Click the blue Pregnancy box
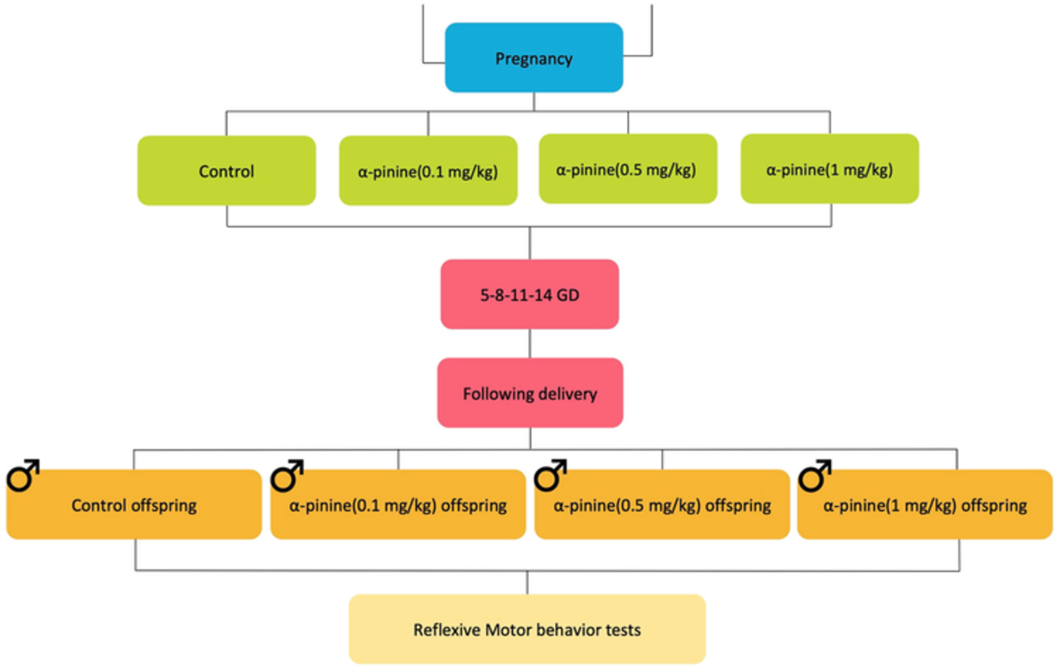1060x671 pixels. pyautogui.click(x=534, y=58)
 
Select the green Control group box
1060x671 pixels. pyautogui.click(x=226, y=171)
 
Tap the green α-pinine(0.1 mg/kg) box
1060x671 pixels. pyautogui.click(x=428, y=171)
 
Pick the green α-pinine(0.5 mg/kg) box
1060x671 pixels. pyautogui.click(x=628, y=170)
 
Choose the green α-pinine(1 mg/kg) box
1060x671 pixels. pyautogui.click(x=829, y=170)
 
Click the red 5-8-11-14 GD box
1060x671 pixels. pyautogui.click(x=529, y=295)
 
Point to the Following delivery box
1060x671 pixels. pyautogui.click(x=529, y=393)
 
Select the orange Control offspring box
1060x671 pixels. pyautogui.click(x=134, y=505)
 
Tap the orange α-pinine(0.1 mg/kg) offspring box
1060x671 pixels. pyautogui.click(x=398, y=505)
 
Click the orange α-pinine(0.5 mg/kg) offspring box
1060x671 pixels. pyautogui.click(x=662, y=505)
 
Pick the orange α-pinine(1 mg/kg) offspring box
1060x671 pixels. pyautogui.click(x=924, y=505)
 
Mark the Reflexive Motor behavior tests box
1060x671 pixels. pyautogui.click(x=527, y=629)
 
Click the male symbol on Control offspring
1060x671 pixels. pyautogui.click(x=23, y=476)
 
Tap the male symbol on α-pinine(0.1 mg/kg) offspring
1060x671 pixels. pyautogui.click(x=287, y=476)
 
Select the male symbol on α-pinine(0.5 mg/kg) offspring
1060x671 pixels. pyautogui.click(x=550, y=476)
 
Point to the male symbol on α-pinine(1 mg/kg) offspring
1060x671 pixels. pyautogui.click(x=814, y=476)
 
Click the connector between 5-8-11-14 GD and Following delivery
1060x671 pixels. pyautogui.click(x=530, y=343)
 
